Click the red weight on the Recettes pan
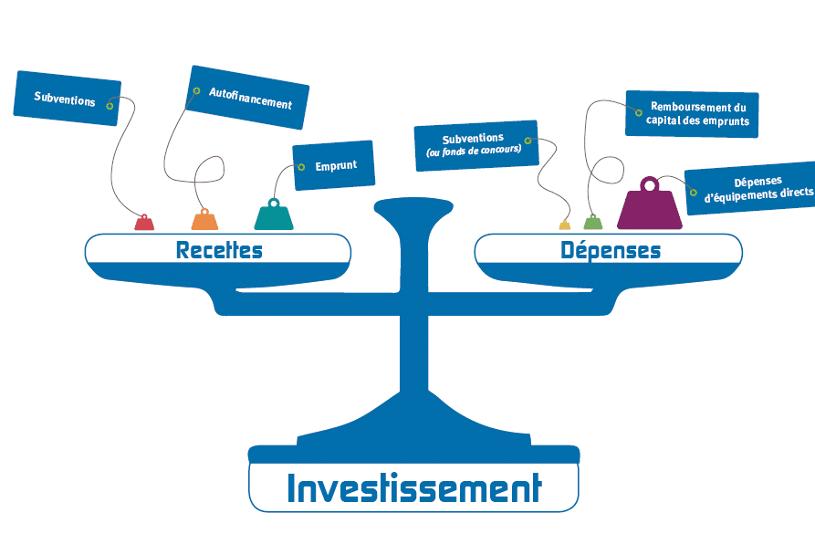coord(144,223)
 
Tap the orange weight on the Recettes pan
coord(204,221)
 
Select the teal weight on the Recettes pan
coord(274,217)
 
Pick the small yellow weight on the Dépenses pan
coord(565,225)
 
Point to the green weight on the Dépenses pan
coord(593,223)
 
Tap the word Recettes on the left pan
coord(219,250)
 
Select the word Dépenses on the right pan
coord(611,250)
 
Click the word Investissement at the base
coord(413,488)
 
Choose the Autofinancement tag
coord(247,98)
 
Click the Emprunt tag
coord(333,166)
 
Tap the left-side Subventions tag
coord(68,99)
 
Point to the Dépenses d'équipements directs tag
coord(751,188)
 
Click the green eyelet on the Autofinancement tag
coord(196,91)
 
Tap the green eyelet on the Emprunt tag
coord(301,167)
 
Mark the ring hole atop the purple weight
coord(650,185)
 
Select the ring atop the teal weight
coord(273,203)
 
